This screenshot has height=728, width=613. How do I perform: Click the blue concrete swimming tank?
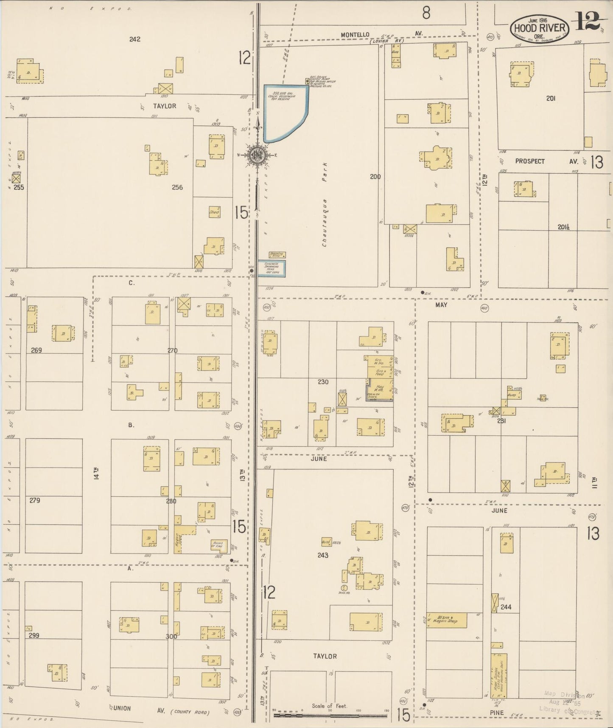(x=272, y=268)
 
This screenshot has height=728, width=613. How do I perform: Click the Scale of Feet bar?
(x=330, y=715)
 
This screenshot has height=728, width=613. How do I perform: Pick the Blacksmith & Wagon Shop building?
(x=446, y=621)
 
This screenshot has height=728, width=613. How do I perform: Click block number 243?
(x=323, y=555)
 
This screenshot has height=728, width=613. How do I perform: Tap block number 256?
(x=177, y=187)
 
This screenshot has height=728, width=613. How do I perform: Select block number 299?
(x=35, y=635)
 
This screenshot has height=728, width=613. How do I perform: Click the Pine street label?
(x=497, y=713)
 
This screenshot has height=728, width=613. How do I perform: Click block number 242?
(x=135, y=39)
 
